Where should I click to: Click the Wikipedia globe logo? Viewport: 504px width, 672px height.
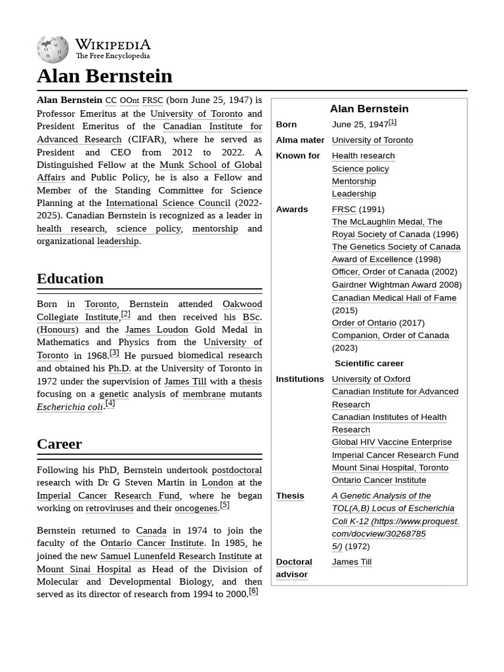click(x=52, y=49)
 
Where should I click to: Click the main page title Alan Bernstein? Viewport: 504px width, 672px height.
click(x=104, y=76)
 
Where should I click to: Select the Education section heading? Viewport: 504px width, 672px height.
click(x=70, y=278)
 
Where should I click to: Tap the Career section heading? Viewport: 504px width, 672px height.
click(x=59, y=444)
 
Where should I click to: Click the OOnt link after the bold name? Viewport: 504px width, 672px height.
click(x=129, y=100)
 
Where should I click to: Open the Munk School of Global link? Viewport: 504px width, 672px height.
click(x=211, y=165)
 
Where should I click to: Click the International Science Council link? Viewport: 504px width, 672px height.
click(x=168, y=203)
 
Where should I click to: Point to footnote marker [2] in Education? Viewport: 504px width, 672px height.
click(x=125, y=314)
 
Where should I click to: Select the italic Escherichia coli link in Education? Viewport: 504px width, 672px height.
click(x=70, y=407)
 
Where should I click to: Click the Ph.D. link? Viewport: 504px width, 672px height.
click(x=119, y=368)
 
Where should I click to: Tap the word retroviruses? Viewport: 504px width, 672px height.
click(x=110, y=508)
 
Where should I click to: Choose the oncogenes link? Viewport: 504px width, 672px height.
click(x=196, y=508)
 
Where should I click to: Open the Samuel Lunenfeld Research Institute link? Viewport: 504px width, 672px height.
click(x=176, y=556)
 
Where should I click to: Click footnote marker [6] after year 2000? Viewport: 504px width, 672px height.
click(x=253, y=591)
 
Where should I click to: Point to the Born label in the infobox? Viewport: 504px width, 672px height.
click(x=286, y=124)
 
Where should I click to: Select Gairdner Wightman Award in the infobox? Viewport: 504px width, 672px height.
click(x=384, y=284)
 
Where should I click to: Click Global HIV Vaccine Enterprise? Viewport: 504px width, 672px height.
click(x=391, y=442)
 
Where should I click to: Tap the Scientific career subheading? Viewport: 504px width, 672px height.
click(x=369, y=363)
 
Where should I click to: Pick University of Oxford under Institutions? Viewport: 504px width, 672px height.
click(x=371, y=379)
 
